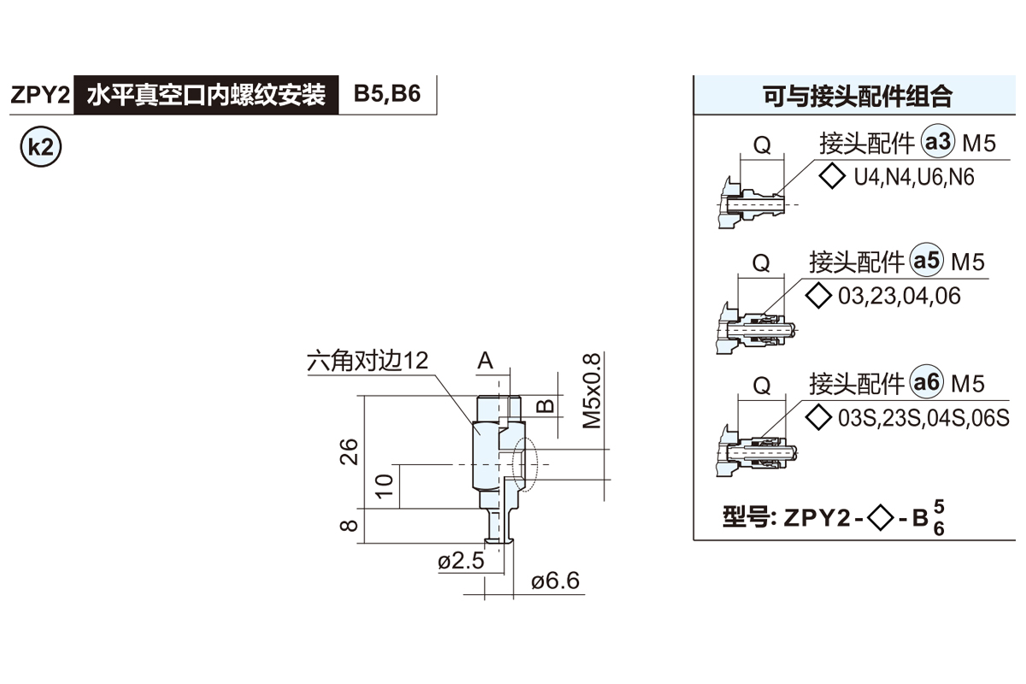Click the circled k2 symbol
(x=40, y=146)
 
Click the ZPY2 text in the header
(x=38, y=95)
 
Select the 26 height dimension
(x=348, y=451)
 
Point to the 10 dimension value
(x=384, y=486)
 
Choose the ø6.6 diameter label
(x=555, y=582)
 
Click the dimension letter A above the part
(x=486, y=361)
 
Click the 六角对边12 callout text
(x=367, y=361)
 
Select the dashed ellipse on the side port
(x=524, y=466)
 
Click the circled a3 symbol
(x=938, y=143)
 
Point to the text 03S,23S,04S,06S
(x=923, y=418)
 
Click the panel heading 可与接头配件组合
(x=858, y=95)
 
